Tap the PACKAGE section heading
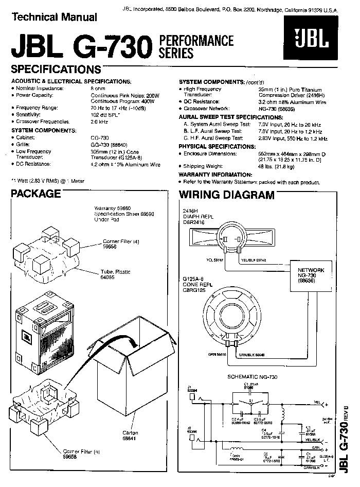(36, 194)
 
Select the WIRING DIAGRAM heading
(226, 195)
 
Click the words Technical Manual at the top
(54, 17)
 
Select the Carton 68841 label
(131, 436)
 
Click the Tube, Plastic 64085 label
(117, 274)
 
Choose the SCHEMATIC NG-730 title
(252, 377)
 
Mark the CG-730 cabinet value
(100, 138)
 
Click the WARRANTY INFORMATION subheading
(215, 175)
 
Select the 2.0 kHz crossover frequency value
(99, 122)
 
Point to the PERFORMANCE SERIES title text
(196, 46)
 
